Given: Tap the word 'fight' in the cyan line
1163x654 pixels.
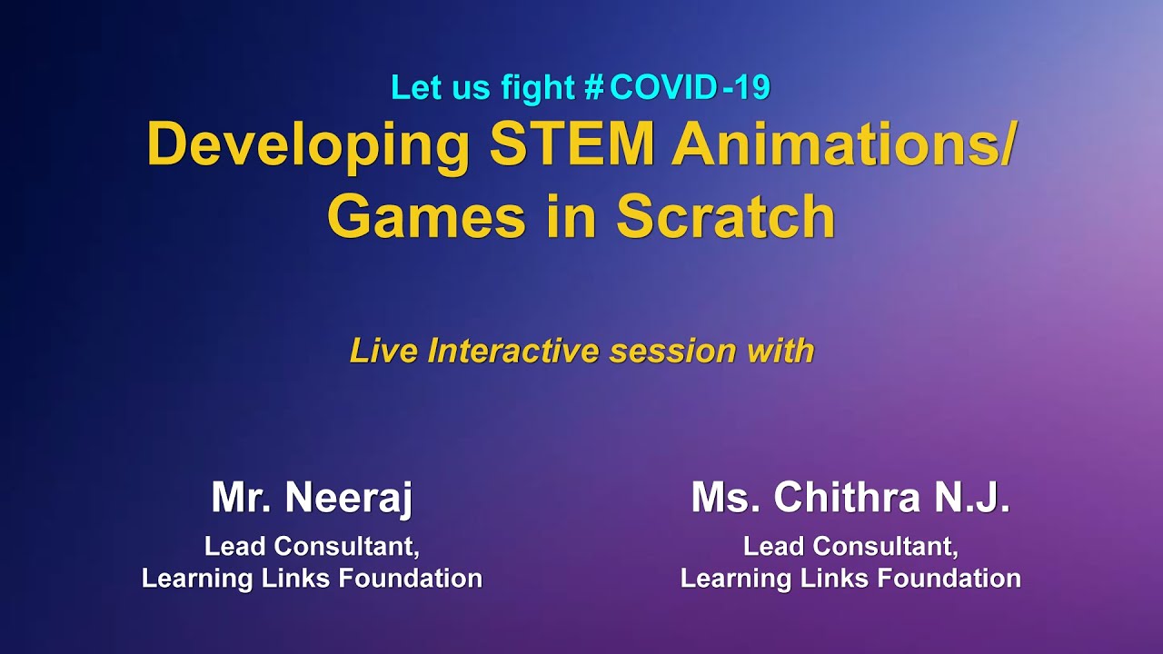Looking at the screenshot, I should (538, 88).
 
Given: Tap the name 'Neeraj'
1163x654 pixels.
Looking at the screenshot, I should (349, 499).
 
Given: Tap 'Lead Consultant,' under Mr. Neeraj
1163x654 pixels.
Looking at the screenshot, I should (312, 547).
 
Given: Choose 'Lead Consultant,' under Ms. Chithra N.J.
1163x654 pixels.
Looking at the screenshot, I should (850, 547).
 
